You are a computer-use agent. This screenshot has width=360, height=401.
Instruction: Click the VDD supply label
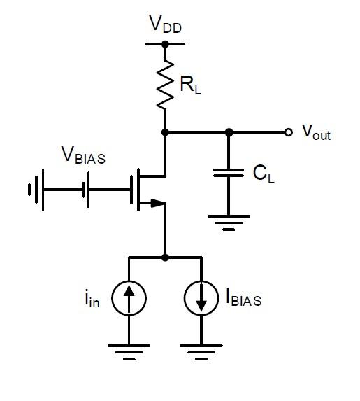[165, 24]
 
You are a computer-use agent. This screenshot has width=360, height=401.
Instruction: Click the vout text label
[316, 132]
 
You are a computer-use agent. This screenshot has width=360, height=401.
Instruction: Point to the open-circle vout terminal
[288, 132]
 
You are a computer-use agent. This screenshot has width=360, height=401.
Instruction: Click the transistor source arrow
[157, 204]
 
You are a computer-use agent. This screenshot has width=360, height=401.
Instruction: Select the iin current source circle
[129, 299]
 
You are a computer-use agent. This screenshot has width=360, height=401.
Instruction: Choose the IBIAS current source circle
[201, 299]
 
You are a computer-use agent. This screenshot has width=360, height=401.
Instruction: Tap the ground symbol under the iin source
[129, 349]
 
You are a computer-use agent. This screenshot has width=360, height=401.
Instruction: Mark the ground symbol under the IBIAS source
[201, 349]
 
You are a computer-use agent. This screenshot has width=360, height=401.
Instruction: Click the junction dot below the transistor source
[165, 257]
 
